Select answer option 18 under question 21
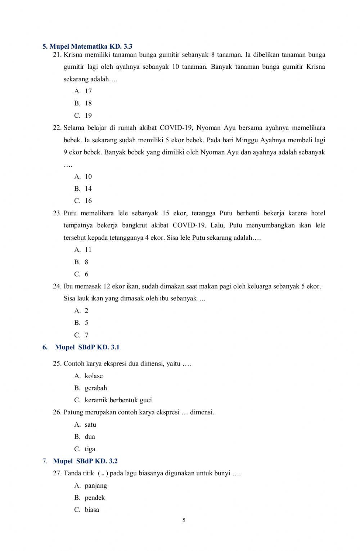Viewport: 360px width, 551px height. pyautogui.click(x=88, y=103)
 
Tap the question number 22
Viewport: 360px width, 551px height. pyautogui.click(x=57, y=128)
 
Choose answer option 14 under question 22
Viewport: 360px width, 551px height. pyautogui.click(x=88, y=189)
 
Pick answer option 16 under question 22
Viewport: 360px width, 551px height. pyautogui.click(x=88, y=201)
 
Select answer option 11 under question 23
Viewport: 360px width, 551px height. pyautogui.click(x=88, y=250)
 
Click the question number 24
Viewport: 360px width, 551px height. pyautogui.click(x=57, y=287)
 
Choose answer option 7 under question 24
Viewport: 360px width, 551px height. pyautogui.click(x=86, y=335)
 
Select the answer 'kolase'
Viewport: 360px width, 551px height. pyautogui.click(x=94, y=376)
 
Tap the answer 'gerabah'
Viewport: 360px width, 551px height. pyautogui.click(x=96, y=388)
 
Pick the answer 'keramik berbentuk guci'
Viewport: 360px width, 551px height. pyautogui.click(x=118, y=400)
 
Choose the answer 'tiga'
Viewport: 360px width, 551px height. pyautogui.click(x=90, y=449)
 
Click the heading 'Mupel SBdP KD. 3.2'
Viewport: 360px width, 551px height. pyautogui.click(x=85, y=461)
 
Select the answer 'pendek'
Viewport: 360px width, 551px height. pyautogui.click(x=95, y=498)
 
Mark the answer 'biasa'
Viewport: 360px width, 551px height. pyautogui.click(x=92, y=510)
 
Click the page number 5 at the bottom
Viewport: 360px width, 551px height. pyautogui.click(x=184, y=520)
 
